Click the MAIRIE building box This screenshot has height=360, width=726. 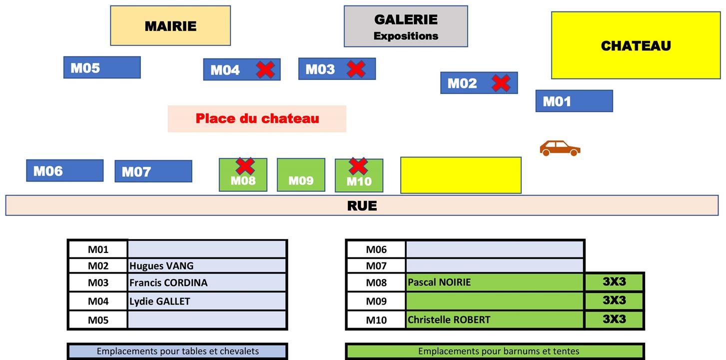click(x=170, y=25)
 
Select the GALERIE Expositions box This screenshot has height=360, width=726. click(x=406, y=26)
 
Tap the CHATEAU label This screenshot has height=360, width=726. click(x=636, y=45)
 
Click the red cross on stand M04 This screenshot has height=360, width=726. click(x=265, y=69)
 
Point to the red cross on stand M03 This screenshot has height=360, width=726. click(x=356, y=69)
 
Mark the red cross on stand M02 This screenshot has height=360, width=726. click(x=501, y=83)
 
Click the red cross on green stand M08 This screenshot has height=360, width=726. click(x=245, y=166)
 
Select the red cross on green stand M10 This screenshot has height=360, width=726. click(x=358, y=166)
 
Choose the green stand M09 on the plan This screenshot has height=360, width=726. click(x=301, y=175)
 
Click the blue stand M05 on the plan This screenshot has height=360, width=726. click(x=102, y=67)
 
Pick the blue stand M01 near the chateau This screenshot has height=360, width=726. click(x=574, y=101)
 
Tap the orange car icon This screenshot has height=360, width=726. click(x=560, y=148)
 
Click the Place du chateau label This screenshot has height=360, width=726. click(x=257, y=118)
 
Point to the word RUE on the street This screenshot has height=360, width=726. click(x=362, y=205)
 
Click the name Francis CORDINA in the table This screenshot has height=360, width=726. click(x=168, y=282)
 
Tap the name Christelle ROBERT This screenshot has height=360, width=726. click(x=449, y=320)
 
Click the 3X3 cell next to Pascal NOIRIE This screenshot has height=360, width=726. click(x=614, y=281)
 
